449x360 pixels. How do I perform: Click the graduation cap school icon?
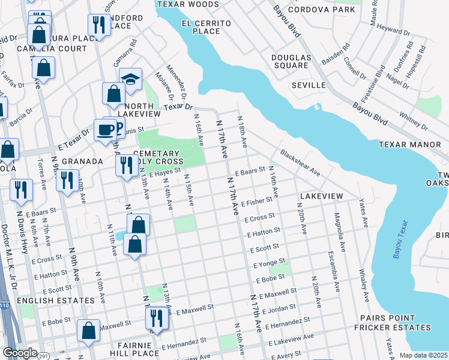coord(130,79)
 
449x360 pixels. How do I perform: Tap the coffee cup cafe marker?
coord(106,130)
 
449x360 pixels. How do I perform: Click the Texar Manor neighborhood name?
coord(413,145)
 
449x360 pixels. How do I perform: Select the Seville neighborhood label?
coord(308,86)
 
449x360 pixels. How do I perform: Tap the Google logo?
coord(20,353)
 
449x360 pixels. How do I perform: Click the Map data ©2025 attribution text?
coord(423,355)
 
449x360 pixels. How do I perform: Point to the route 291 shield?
coord(44,356)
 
